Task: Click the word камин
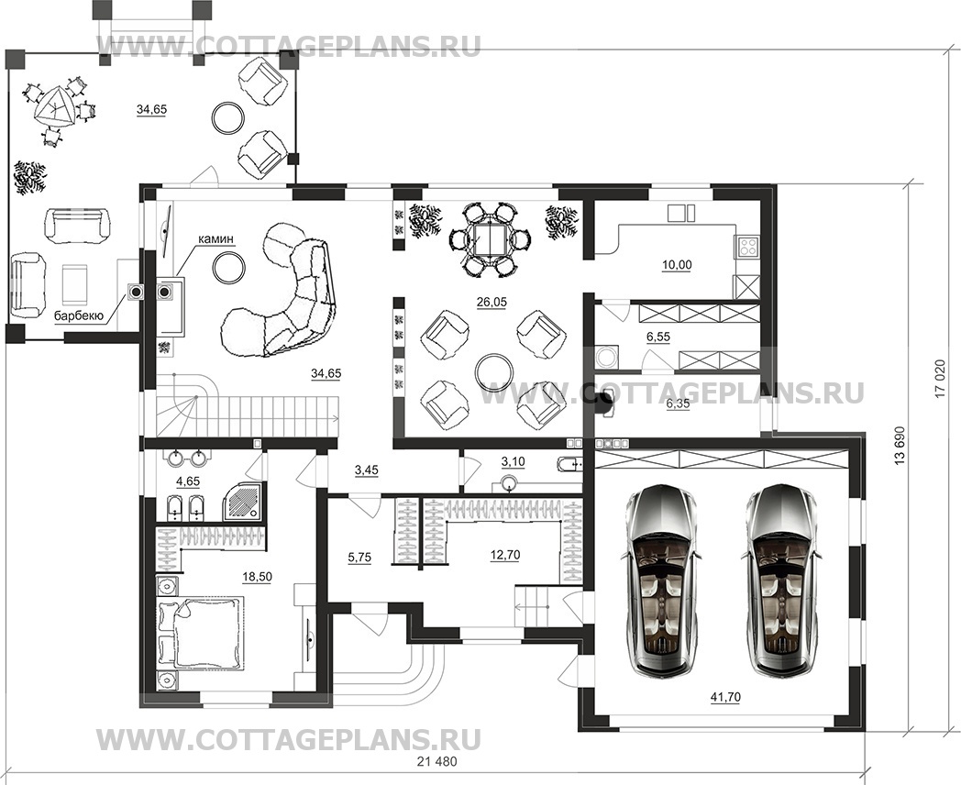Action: tap(216, 240)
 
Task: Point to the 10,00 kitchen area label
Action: tap(677, 265)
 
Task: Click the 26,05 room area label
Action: tap(492, 302)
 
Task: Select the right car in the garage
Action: tap(781, 580)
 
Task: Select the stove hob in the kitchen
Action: tap(747, 247)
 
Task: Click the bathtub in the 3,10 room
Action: tap(569, 462)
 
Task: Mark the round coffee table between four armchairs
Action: tap(493, 371)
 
